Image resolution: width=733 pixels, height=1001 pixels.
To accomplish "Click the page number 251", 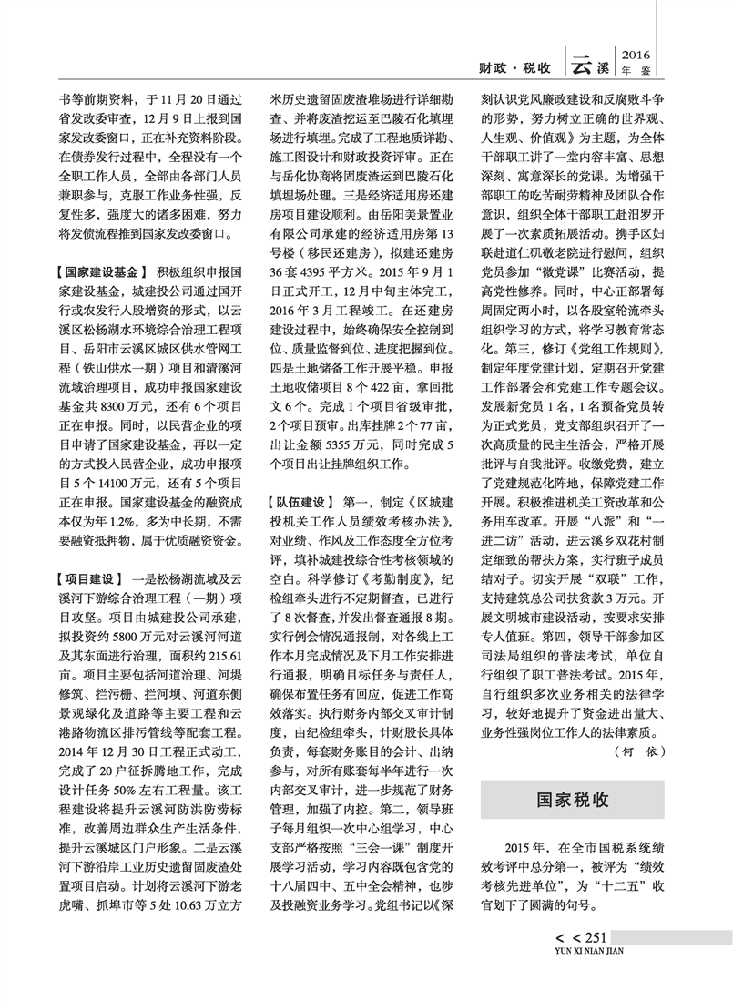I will coord(593,939).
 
